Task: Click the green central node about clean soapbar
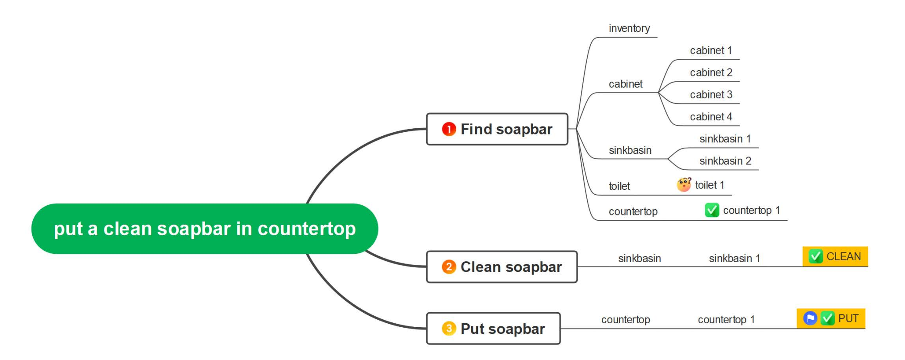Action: [205, 229]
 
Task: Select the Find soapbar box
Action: [497, 129]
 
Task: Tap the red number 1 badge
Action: [449, 129]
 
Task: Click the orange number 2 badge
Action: [449, 267]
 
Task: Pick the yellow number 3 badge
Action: [449, 329]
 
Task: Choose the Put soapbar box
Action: [493, 329]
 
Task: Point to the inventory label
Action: [629, 28]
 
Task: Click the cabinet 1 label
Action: [711, 50]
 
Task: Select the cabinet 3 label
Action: [711, 95]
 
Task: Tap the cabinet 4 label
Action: [711, 117]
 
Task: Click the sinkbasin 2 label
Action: [725, 161]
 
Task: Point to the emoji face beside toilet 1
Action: [684, 184]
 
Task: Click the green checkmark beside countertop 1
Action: [712, 210]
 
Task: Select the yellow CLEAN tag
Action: [835, 257]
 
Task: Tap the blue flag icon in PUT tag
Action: [810, 318]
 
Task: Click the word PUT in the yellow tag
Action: [848, 318]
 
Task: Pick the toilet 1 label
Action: [710, 185]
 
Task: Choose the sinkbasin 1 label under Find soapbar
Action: [725, 139]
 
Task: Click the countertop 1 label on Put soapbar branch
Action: [726, 319]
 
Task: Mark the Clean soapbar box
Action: [502, 267]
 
